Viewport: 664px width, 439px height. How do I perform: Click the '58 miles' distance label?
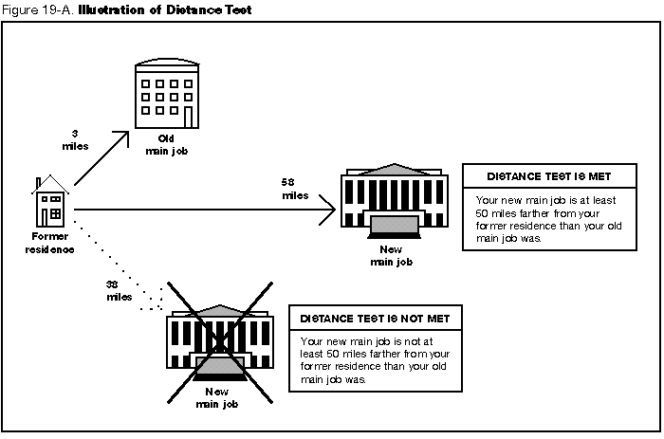click(x=294, y=188)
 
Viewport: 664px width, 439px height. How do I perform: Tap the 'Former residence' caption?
click(x=49, y=243)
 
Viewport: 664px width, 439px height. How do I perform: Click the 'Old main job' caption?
click(x=167, y=144)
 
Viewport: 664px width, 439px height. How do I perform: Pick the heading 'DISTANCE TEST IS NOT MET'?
click(x=375, y=319)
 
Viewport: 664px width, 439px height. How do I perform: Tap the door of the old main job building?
click(x=189, y=117)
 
